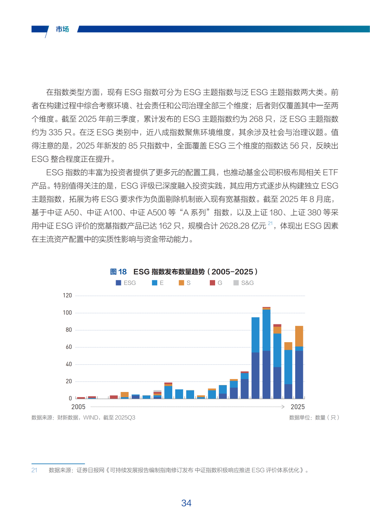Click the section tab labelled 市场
[x=62, y=29]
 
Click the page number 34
[x=186, y=503]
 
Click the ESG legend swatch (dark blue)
[x=118, y=283]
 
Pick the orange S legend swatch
[x=182, y=283]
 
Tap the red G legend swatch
[x=212, y=283]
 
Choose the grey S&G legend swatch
[x=236, y=283]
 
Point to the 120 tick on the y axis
[x=67, y=296]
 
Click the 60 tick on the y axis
[x=68, y=347]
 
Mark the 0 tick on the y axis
[x=70, y=398]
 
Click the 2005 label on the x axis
[x=78, y=407]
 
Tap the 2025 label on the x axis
[x=298, y=407]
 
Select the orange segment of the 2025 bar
[x=299, y=336]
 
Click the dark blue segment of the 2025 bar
[x=299, y=375]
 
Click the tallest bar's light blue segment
[x=266, y=330]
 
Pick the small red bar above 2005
[x=81, y=398]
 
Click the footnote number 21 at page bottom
[x=34, y=470]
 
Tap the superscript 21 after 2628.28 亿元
[x=271, y=224]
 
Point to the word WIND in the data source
[x=91, y=417]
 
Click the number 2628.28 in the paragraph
[x=235, y=226]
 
